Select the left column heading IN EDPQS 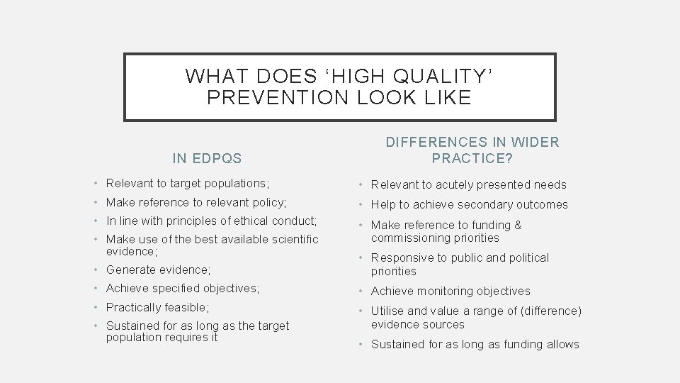pos(207,157)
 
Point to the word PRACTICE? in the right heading pos(472,157)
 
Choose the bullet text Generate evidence pos(158,270)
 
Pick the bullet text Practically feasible pos(158,308)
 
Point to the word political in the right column pos(525,258)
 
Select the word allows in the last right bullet pos(561,345)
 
